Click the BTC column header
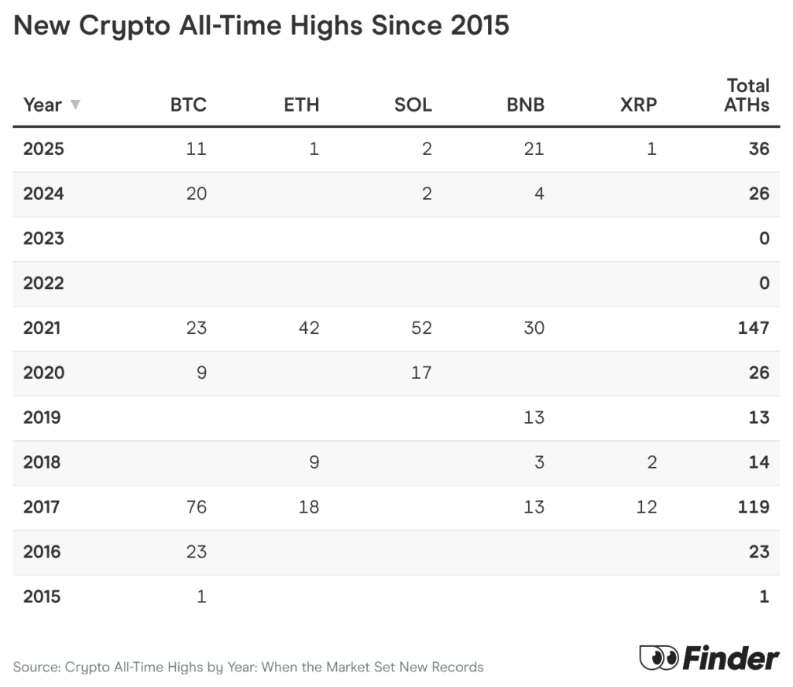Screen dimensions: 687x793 tap(188, 105)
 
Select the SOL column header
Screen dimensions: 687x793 tap(413, 105)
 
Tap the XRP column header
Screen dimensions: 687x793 tap(638, 105)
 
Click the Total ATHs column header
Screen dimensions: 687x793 tap(747, 95)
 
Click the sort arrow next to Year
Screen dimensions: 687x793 tap(75, 104)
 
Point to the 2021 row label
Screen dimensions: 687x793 tap(42, 328)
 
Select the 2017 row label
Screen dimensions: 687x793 tap(42, 507)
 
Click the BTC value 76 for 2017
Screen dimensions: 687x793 tap(196, 507)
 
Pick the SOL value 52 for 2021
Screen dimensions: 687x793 tap(421, 328)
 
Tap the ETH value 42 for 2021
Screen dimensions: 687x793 tap(308, 328)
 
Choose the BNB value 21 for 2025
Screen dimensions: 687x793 tap(534, 149)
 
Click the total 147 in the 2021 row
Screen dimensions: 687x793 tap(753, 328)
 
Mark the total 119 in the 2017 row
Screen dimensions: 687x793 tap(754, 507)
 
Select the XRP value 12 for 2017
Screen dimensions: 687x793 tap(646, 507)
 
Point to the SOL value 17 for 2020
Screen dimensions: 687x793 tap(421, 373)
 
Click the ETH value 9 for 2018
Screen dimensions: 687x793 tap(314, 462)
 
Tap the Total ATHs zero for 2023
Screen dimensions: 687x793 tap(764, 239)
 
